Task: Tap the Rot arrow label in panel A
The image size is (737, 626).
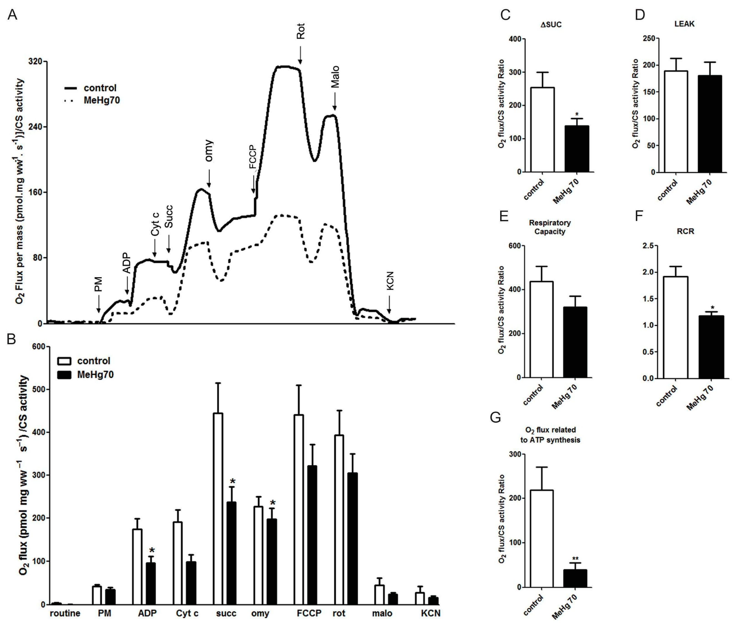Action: click(300, 31)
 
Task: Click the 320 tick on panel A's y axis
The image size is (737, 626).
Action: click(35, 61)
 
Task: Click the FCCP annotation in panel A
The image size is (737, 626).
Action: click(252, 157)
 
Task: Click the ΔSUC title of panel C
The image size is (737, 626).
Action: click(551, 25)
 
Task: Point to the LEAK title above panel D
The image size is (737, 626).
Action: click(684, 24)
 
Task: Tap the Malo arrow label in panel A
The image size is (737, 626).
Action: click(335, 77)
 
